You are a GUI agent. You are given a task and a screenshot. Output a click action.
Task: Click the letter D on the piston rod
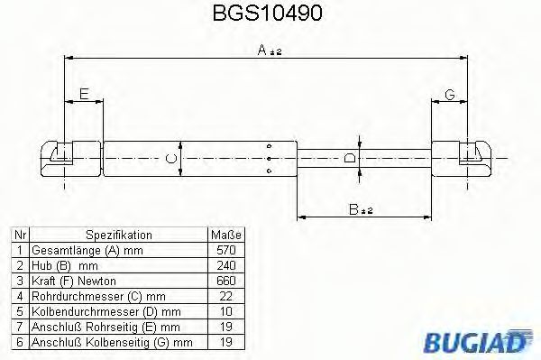[x=351, y=159]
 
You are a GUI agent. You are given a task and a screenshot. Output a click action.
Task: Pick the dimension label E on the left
[x=83, y=94]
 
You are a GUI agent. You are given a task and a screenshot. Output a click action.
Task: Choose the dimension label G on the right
[x=449, y=94]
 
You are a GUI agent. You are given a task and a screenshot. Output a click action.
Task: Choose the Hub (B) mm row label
[x=64, y=265]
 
